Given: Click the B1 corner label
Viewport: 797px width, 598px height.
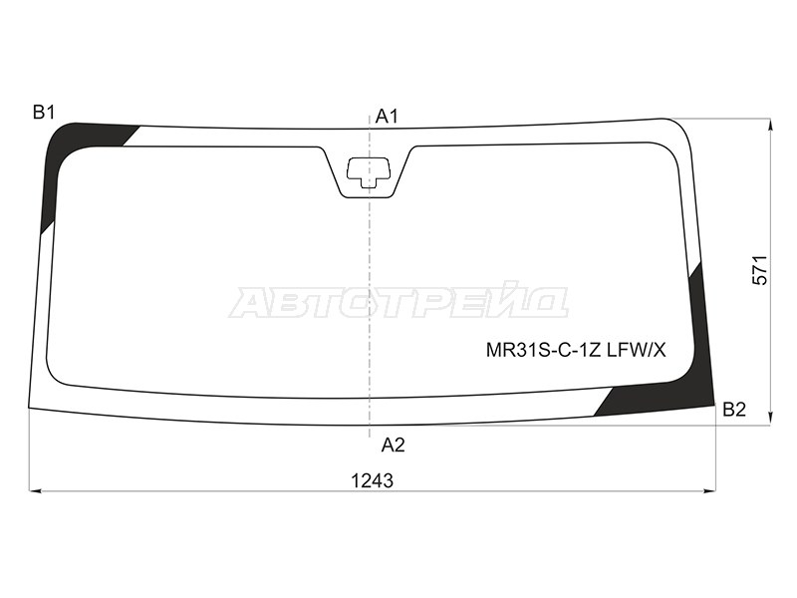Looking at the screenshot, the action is [44, 112].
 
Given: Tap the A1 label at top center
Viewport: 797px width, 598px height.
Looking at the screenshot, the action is [387, 117].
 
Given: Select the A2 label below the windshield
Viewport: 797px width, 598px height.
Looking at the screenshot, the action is [393, 445].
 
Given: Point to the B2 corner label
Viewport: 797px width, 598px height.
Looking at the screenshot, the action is [734, 409].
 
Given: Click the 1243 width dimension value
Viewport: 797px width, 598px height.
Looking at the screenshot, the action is [373, 480].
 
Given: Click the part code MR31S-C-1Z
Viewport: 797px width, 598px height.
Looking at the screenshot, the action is [544, 350].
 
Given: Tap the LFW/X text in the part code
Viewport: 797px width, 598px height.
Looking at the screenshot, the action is [636, 350].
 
